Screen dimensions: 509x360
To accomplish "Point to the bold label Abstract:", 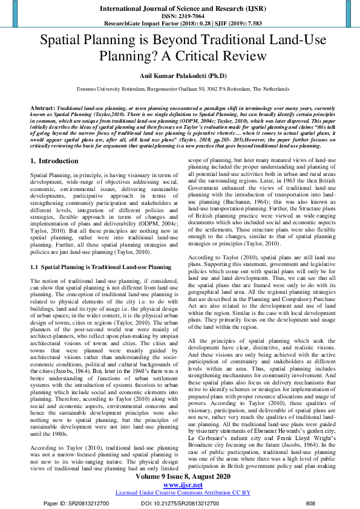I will coord(42,106).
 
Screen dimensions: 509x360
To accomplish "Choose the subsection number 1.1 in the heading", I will coord(34,266).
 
